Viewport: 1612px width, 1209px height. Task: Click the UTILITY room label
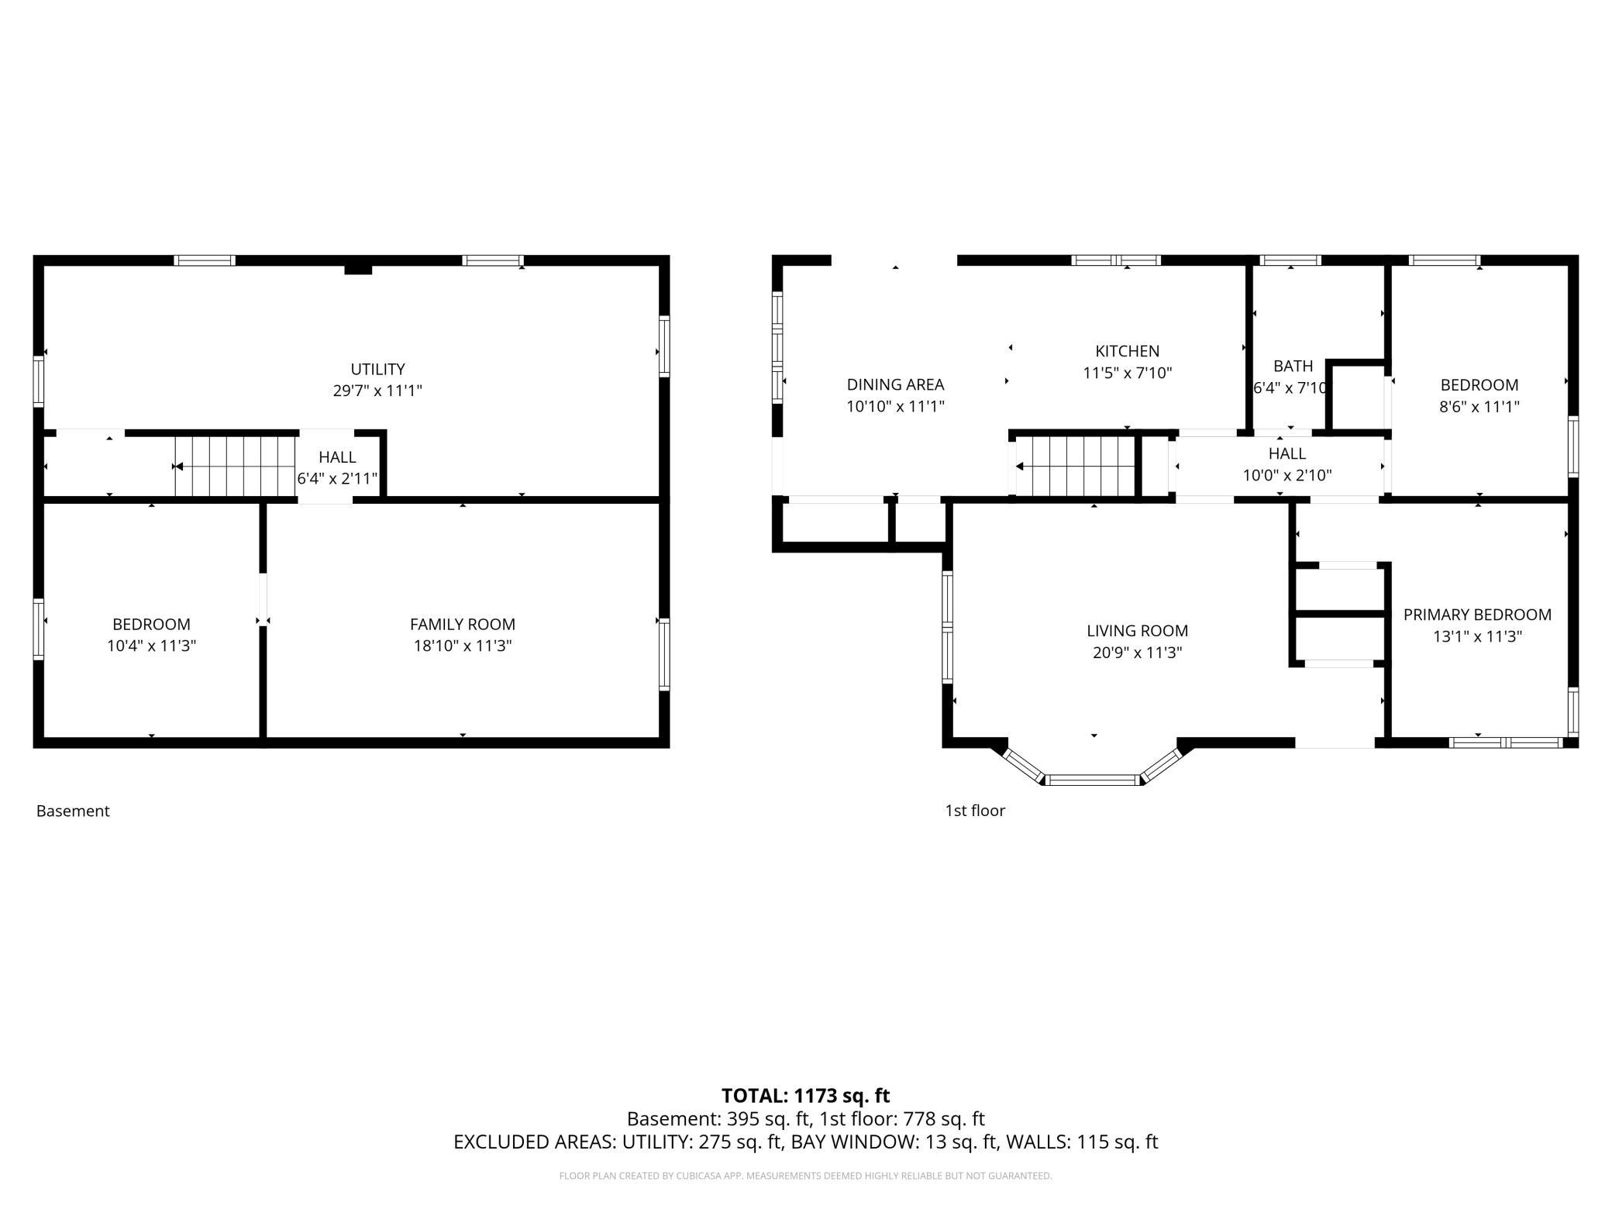click(x=377, y=369)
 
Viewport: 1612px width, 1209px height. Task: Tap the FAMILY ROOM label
click(x=463, y=624)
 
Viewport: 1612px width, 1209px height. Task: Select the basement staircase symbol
click(x=235, y=466)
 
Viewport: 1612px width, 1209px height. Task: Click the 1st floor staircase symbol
click(x=1075, y=466)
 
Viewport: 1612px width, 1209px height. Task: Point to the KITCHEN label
click(x=1127, y=351)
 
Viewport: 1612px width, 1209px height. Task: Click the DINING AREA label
click(x=895, y=384)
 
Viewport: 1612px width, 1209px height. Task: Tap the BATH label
click(x=1293, y=366)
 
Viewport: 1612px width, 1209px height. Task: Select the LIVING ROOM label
click(x=1137, y=631)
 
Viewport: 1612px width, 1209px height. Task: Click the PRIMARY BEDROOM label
click(x=1477, y=615)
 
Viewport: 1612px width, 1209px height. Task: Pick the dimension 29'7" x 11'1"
click(x=377, y=391)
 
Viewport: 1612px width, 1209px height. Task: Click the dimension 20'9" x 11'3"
click(x=1137, y=653)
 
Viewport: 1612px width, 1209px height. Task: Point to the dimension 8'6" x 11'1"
click(x=1479, y=406)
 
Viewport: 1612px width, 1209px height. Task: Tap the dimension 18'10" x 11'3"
click(x=463, y=646)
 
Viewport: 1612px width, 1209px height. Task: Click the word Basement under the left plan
click(x=73, y=811)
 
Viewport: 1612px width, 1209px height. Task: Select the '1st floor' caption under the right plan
click(x=974, y=811)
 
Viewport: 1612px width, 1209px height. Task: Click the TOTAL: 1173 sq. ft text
click(x=805, y=1096)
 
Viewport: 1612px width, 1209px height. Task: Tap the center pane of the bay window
click(x=1093, y=780)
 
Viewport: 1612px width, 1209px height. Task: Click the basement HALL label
click(x=337, y=457)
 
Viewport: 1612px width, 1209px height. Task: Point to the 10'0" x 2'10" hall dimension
click(x=1287, y=475)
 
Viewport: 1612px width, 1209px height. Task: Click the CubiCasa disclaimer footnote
click(x=805, y=1176)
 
